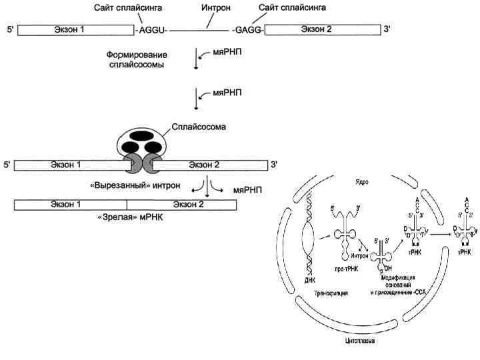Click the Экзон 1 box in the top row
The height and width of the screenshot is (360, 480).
[x=75, y=30]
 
